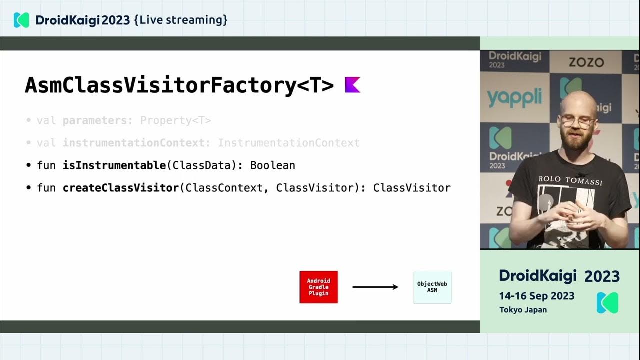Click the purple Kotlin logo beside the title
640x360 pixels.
[x=352, y=85]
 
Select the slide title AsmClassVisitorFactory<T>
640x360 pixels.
[x=179, y=85]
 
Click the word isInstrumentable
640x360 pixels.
[x=114, y=165]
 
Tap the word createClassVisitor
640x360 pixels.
[x=120, y=188]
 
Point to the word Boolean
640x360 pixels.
[x=272, y=165]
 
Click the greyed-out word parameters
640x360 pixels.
[x=95, y=120]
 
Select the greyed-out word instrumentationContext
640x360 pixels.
[x=133, y=143]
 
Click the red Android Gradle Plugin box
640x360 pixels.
[x=318, y=287]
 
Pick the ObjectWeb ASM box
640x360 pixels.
[x=432, y=287]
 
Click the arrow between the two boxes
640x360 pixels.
[x=375, y=287]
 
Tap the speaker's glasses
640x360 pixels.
[x=577, y=121]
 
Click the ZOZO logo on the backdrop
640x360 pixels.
[x=586, y=63]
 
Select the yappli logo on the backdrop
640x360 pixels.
[x=514, y=97]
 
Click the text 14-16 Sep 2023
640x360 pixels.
[x=537, y=296]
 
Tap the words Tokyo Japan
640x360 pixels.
[x=523, y=310]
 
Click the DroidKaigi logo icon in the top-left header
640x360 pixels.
[x=21, y=20]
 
